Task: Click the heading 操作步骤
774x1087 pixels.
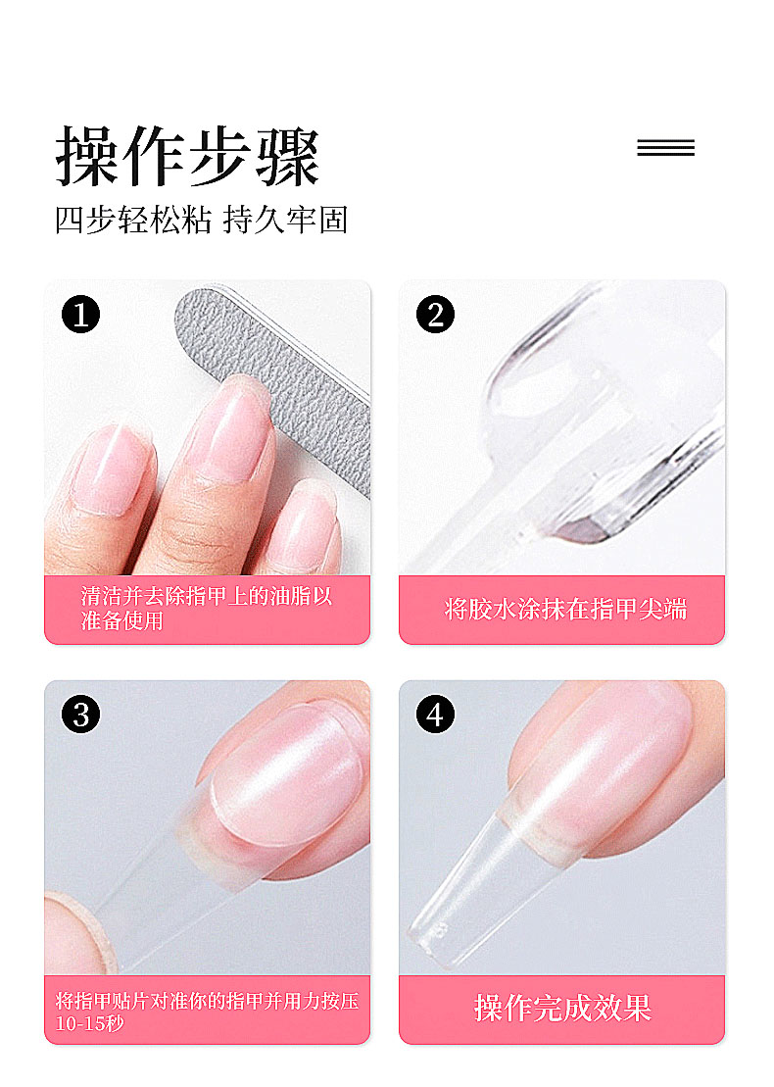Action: [x=187, y=156]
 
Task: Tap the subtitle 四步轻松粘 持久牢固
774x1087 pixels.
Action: [x=201, y=220]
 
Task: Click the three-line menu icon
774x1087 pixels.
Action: [x=665, y=148]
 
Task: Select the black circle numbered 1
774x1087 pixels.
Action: [x=80, y=315]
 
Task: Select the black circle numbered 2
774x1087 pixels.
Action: [x=435, y=314]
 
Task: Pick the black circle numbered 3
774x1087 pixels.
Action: [x=80, y=715]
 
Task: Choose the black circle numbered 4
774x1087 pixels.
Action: [x=435, y=715]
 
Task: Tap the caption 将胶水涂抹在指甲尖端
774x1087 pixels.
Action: [x=565, y=610]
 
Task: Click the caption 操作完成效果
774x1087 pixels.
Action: [x=562, y=1008]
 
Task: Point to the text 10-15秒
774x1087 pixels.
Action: [x=90, y=1023]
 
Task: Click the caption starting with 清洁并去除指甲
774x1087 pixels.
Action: [x=207, y=608]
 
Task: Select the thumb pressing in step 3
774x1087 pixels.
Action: [x=76, y=932]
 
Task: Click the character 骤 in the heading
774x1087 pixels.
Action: [x=288, y=157]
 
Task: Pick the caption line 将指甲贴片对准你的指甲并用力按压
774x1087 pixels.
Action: [x=207, y=1001]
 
